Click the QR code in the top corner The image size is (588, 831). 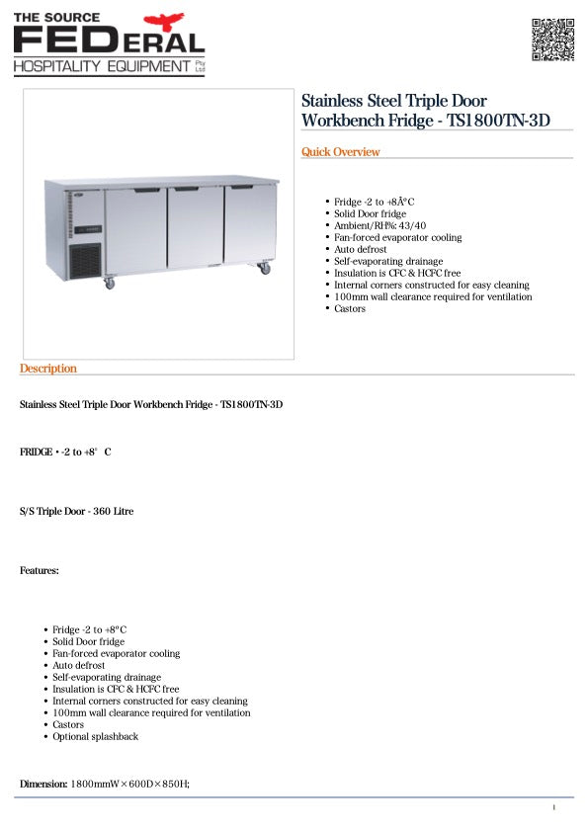click(552, 40)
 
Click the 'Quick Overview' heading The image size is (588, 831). click(340, 152)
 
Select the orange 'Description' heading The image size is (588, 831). click(47, 369)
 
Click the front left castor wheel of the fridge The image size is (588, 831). click(109, 284)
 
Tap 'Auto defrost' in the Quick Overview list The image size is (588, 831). click(361, 249)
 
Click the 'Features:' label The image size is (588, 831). click(40, 570)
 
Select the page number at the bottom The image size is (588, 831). click(553, 808)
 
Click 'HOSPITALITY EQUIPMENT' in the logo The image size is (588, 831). click(102, 65)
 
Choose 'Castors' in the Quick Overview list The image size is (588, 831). click(350, 308)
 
